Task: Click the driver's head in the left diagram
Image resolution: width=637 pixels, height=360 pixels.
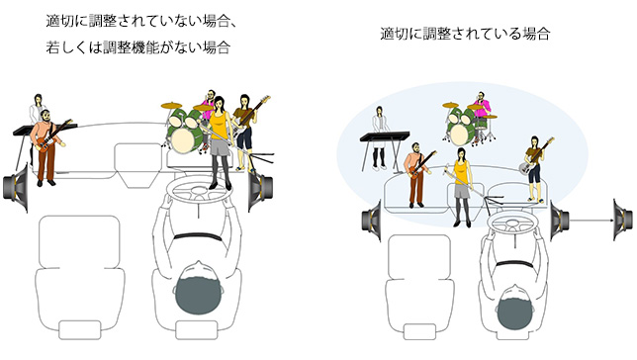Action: tap(199, 291)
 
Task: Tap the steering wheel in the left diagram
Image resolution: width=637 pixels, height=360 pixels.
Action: tap(198, 191)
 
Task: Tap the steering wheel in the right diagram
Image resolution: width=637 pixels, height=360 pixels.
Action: tap(512, 221)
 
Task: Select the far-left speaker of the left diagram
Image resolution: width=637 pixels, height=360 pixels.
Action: tap(16, 187)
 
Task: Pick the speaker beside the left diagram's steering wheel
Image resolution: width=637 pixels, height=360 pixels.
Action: tap(260, 188)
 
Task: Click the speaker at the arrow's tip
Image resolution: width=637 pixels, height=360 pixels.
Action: tap(623, 220)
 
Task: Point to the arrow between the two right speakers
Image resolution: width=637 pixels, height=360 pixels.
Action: tap(591, 221)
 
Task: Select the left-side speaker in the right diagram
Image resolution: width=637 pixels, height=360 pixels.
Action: tap(372, 222)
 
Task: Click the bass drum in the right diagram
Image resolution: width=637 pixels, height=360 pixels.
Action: tap(461, 133)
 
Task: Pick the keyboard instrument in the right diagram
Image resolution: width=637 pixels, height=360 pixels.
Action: tap(385, 136)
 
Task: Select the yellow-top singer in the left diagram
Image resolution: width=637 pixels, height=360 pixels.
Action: tap(220, 142)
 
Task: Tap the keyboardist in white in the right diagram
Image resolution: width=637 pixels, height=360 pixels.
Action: tap(380, 137)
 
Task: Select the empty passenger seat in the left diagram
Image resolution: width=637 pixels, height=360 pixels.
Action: tap(80, 277)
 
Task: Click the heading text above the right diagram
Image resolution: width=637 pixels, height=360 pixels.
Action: tap(465, 34)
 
